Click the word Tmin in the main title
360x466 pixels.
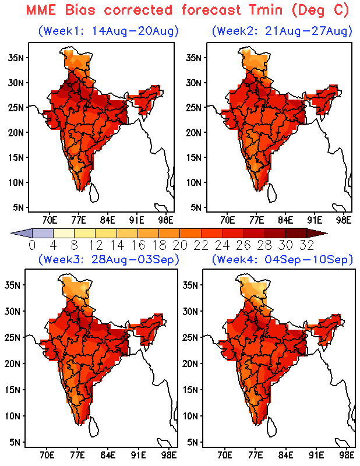coord(266,9)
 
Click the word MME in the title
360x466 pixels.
coord(41,9)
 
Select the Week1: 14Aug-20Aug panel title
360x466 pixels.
coord(109,31)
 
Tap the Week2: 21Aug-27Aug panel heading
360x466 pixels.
coord(282,31)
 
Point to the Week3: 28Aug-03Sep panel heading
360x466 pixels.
coord(109,259)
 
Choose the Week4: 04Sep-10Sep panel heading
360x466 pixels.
coord(282,259)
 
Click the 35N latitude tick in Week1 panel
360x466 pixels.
coord(16,57)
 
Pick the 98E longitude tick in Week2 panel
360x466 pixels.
coord(344,220)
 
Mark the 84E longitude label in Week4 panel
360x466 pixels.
coord(285,455)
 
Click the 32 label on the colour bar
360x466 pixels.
coord(306,245)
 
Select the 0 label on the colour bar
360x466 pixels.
coord(32,245)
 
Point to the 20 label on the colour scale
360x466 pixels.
coord(180,245)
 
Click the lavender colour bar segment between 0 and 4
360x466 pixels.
coord(43,234)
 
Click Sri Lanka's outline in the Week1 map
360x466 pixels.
coord(94,193)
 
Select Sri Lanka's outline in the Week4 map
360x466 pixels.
coord(271,427)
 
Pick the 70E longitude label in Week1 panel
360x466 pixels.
coord(50,220)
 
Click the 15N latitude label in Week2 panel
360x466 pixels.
coord(194,157)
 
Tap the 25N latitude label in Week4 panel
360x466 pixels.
coord(190,337)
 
